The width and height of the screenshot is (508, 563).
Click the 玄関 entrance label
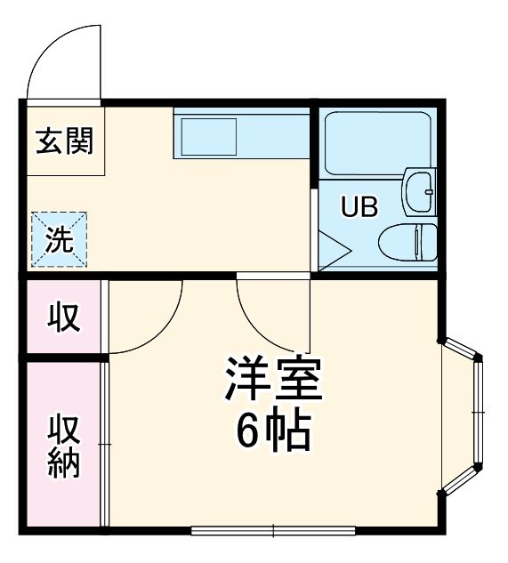point(64,141)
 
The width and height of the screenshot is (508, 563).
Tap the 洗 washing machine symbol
point(60,240)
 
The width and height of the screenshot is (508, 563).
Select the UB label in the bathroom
point(360,206)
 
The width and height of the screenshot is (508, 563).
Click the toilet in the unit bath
point(410,242)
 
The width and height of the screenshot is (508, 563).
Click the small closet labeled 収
point(64,317)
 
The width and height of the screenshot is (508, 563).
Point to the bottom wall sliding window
point(274,531)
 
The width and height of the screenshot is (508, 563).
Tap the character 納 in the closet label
point(64,463)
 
